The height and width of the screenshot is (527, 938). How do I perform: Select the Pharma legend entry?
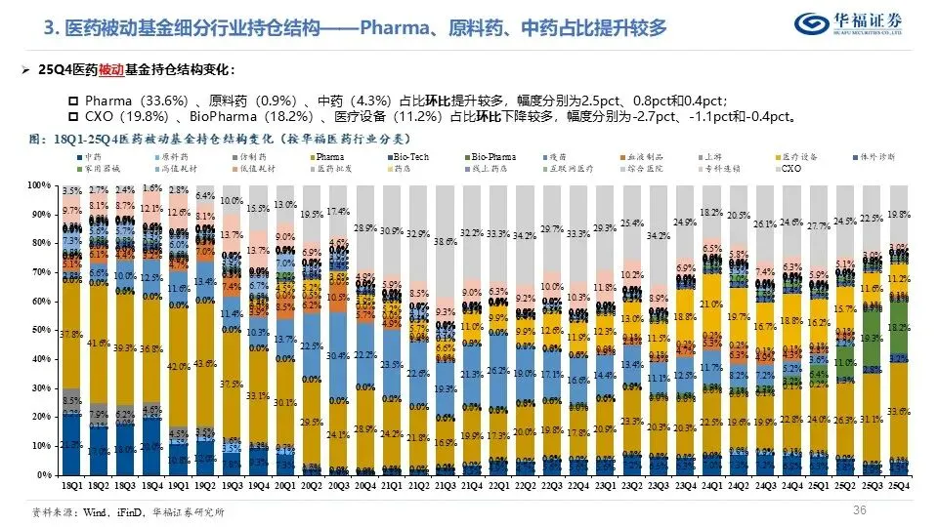329,156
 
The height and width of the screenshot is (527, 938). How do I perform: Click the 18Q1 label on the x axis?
70,484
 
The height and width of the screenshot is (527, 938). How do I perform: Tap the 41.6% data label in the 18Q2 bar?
98,344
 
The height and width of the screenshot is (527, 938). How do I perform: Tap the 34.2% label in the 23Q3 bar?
659,235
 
